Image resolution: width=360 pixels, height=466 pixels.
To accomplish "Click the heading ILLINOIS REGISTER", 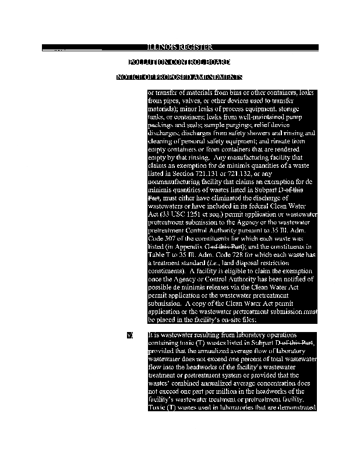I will point(179,47).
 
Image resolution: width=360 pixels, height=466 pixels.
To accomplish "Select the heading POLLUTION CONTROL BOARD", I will point(179,62).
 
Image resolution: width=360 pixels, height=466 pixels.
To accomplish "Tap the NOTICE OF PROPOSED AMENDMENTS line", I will point(179,77).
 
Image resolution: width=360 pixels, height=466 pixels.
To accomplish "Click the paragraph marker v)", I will point(130,336).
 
